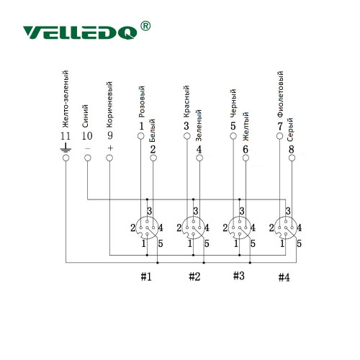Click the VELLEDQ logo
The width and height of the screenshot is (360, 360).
(80, 32)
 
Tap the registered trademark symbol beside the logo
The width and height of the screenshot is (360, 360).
(145, 26)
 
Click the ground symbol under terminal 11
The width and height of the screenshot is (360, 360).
(66, 148)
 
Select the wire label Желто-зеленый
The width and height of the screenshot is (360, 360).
(66, 99)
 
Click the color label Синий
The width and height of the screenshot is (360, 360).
(86, 116)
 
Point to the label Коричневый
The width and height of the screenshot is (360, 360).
(109, 104)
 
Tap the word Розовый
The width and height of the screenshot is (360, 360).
(142, 102)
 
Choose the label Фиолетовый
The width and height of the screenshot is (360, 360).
(280, 94)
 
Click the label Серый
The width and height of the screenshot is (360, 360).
(290, 130)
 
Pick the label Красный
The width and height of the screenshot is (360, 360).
(186, 102)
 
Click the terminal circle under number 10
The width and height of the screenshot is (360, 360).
(88, 158)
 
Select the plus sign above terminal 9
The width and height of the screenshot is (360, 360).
(110, 148)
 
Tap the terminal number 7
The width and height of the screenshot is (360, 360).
(280, 126)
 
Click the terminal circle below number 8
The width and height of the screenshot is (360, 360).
(292, 158)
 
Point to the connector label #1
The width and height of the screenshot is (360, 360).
(146, 276)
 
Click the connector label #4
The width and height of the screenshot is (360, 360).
(284, 278)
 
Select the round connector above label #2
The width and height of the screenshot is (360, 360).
(193, 228)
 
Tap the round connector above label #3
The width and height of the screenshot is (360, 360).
(239, 228)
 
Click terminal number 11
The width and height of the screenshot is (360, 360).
(66, 136)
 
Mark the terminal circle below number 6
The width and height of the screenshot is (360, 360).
(246, 158)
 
